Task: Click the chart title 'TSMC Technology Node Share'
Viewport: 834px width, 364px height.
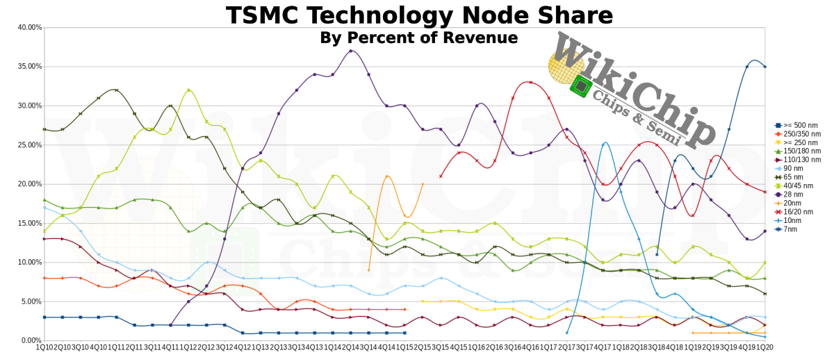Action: [419, 15]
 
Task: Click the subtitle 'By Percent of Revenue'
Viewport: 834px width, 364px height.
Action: [419, 38]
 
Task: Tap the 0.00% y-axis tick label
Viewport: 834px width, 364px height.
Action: [31, 340]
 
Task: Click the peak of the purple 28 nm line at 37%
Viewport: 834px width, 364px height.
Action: [351, 51]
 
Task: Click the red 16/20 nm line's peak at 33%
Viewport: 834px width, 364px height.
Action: [531, 82]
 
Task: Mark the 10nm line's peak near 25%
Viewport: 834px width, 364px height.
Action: [605, 143]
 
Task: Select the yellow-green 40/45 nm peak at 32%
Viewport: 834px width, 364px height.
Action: [188, 90]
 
